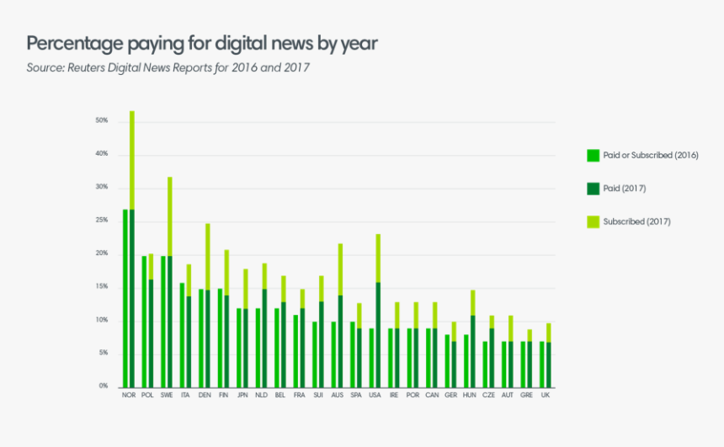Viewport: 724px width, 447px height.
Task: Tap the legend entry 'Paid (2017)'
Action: (x=624, y=189)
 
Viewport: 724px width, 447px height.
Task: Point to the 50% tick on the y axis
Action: (x=102, y=121)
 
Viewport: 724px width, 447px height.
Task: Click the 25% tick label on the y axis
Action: (x=102, y=221)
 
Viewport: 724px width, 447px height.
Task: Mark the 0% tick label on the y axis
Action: (x=103, y=386)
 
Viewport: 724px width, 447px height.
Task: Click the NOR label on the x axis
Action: (x=129, y=395)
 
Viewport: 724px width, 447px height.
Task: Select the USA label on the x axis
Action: (x=375, y=395)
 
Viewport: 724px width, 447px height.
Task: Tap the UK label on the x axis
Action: (x=546, y=395)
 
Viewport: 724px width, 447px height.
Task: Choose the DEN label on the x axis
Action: (x=205, y=395)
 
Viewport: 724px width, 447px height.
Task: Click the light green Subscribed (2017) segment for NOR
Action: (x=132, y=160)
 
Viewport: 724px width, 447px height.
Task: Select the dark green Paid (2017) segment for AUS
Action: (x=340, y=341)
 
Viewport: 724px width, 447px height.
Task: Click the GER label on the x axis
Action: (x=450, y=395)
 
